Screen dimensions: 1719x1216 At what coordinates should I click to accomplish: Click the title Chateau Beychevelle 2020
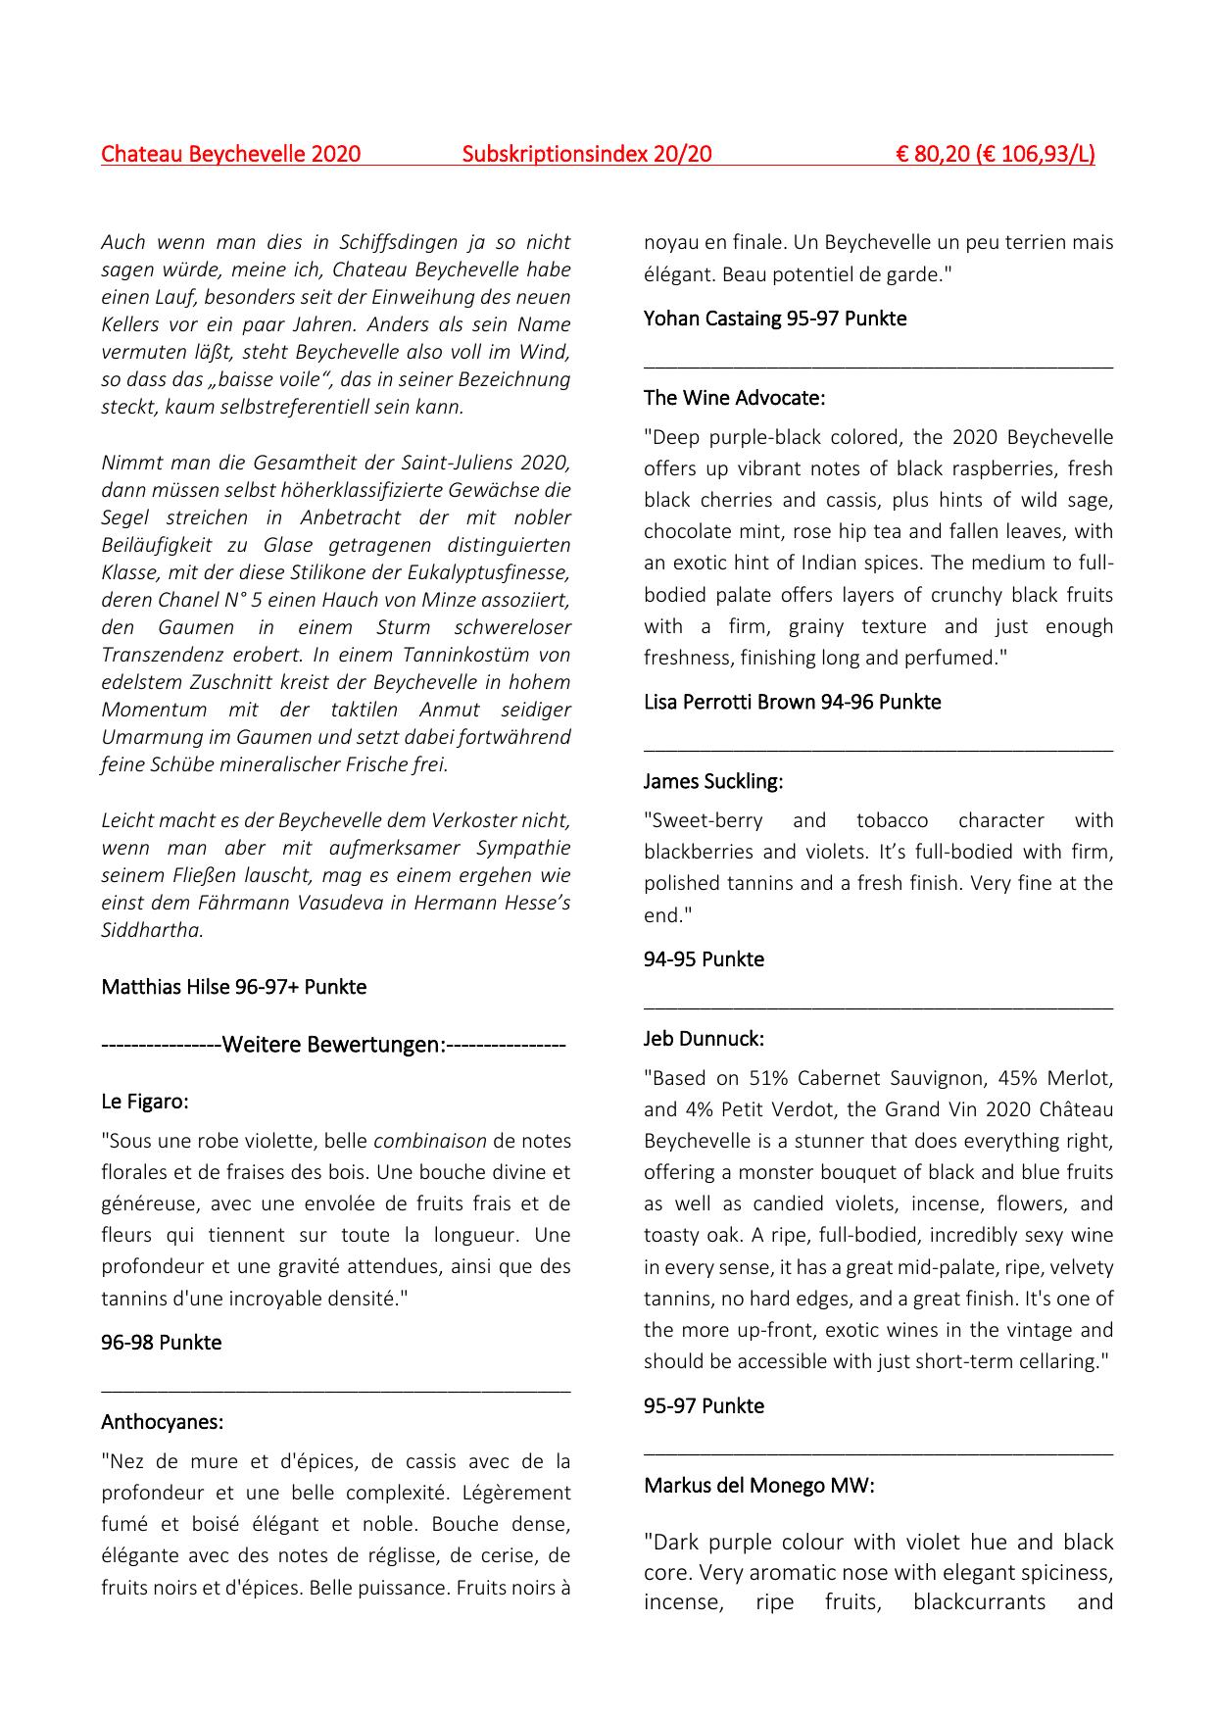click(x=230, y=154)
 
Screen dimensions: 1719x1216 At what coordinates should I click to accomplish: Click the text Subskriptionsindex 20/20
click(x=586, y=154)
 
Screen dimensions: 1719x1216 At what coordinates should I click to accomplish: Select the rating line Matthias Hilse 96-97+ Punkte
click(x=233, y=987)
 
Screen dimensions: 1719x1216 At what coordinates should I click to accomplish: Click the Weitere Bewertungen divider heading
click(x=333, y=1045)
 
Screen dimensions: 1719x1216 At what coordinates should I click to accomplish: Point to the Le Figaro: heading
click(x=145, y=1102)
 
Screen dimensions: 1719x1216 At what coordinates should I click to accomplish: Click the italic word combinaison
click(x=429, y=1141)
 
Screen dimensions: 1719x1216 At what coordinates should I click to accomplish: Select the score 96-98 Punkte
click(x=161, y=1343)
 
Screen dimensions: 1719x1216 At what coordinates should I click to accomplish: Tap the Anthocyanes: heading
click(x=162, y=1421)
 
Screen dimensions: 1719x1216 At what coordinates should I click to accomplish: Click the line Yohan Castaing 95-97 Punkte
click(x=774, y=319)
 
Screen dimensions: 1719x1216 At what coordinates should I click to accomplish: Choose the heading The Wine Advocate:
click(x=734, y=398)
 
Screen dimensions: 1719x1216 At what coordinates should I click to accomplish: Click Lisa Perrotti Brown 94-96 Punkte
click(x=792, y=702)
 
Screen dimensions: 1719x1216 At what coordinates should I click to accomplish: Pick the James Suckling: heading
click(x=713, y=781)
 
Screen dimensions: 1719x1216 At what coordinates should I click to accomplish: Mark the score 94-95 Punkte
click(x=704, y=959)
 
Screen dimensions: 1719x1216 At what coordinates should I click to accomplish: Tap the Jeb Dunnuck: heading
click(x=704, y=1038)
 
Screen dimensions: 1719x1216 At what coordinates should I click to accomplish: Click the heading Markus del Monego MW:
click(x=758, y=1485)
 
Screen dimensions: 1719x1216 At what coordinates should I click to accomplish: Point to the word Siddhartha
click(x=151, y=930)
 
